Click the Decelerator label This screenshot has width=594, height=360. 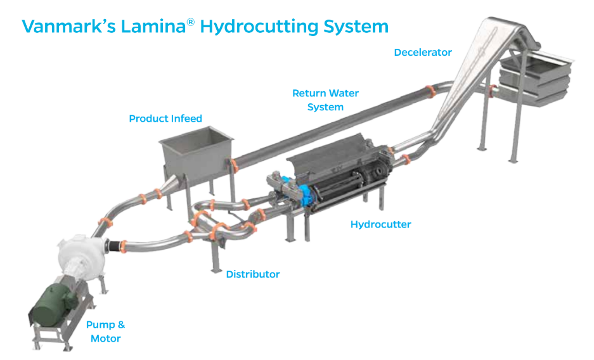423,53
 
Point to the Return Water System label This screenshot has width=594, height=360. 325,100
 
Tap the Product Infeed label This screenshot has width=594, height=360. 165,119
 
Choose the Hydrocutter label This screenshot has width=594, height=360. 380,224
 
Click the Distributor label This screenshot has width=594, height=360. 253,274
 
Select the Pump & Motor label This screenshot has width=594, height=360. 105,331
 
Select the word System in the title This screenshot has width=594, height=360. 358,27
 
